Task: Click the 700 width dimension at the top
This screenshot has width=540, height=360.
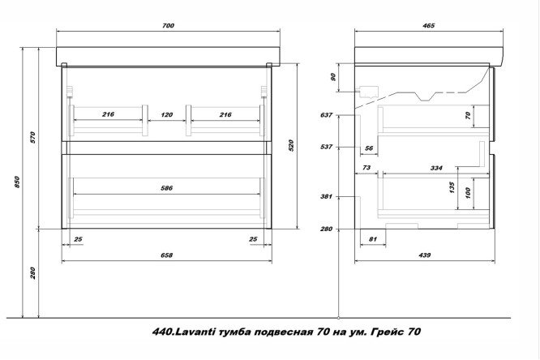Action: [168, 25]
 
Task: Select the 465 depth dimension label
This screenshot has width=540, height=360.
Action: [428, 25]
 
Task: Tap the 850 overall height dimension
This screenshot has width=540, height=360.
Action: [17, 182]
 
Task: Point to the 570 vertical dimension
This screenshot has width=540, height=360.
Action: [32, 137]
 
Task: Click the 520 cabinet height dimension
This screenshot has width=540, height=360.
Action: [291, 146]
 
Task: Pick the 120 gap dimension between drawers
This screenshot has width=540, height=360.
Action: [167, 114]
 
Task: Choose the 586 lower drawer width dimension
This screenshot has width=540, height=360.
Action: [167, 188]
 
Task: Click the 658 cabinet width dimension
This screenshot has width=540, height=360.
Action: [167, 255]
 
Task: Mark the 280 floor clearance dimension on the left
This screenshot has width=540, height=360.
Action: [32, 273]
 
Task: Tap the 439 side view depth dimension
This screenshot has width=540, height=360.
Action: [425, 255]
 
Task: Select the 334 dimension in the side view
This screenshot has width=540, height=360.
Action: [436, 168]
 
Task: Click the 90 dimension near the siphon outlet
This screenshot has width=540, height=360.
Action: [333, 77]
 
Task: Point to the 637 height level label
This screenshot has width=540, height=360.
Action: [326, 114]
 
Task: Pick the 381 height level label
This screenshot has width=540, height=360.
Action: [326, 197]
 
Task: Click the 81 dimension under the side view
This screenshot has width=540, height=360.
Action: [373, 238]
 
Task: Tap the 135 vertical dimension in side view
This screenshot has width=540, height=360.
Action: [452, 187]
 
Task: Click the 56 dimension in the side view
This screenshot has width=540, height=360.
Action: [369, 148]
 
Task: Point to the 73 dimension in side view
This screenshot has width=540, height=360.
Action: [366, 167]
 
